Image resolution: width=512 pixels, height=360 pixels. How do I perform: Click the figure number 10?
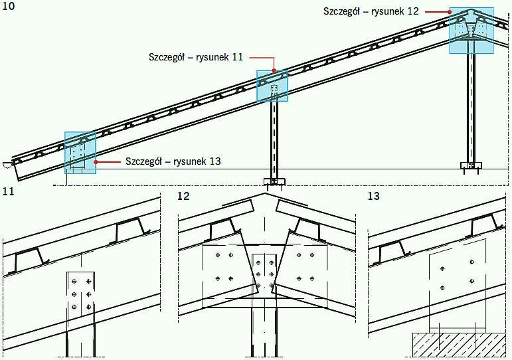click(9, 7)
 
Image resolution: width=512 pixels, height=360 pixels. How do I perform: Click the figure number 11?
click(9, 191)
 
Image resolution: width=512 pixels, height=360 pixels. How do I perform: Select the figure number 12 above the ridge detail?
click(183, 196)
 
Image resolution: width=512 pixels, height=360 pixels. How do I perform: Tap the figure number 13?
click(374, 196)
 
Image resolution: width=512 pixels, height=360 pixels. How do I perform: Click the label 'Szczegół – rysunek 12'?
click(371, 11)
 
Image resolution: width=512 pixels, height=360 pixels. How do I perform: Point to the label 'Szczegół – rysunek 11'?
click(196, 57)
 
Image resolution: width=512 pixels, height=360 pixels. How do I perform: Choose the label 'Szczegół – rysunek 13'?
click(173, 161)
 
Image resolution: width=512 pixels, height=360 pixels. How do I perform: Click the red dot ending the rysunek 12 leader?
click(450, 12)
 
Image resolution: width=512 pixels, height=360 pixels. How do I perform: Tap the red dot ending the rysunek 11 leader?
click(274, 70)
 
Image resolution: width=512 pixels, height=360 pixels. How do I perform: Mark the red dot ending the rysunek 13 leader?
click(96, 161)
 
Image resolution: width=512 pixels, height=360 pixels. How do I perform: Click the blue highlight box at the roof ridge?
click(471, 31)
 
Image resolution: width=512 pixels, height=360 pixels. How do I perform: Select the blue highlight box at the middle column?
click(272, 86)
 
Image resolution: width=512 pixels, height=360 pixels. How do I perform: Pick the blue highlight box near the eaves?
click(80, 153)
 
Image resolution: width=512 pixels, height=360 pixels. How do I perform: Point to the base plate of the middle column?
click(274, 181)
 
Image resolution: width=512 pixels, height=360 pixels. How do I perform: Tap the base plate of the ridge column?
click(471, 165)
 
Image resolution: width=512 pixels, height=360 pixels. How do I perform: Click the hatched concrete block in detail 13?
click(459, 345)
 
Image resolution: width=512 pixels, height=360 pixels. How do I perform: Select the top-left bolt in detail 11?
click(74, 281)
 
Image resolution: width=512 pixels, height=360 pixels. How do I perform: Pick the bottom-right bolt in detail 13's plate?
click(471, 281)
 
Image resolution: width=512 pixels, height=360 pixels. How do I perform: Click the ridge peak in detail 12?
click(265, 193)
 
